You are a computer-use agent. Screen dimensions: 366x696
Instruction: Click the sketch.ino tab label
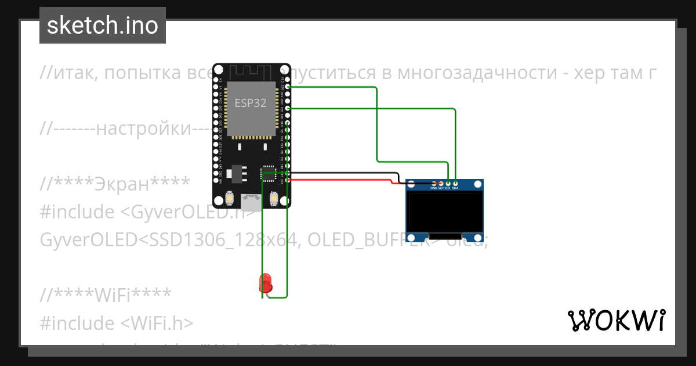tap(102, 26)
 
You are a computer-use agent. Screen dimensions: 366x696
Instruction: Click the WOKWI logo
tap(616, 320)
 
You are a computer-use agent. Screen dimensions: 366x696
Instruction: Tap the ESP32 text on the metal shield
tap(251, 103)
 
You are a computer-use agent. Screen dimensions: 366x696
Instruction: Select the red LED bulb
tap(266, 282)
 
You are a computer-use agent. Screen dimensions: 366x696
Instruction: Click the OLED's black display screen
tap(445, 213)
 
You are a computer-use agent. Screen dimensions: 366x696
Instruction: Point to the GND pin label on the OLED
tap(433, 188)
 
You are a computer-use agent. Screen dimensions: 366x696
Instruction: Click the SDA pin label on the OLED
tap(455, 188)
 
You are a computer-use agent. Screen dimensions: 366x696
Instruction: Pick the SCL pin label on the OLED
tap(448, 188)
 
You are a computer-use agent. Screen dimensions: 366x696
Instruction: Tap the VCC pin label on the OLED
tap(441, 188)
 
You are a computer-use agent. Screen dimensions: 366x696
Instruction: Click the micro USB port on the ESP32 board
tap(251, 202)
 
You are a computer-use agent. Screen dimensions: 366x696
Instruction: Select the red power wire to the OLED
tap(342, 180)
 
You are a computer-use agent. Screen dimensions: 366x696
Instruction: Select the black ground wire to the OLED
tap(342, 173)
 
